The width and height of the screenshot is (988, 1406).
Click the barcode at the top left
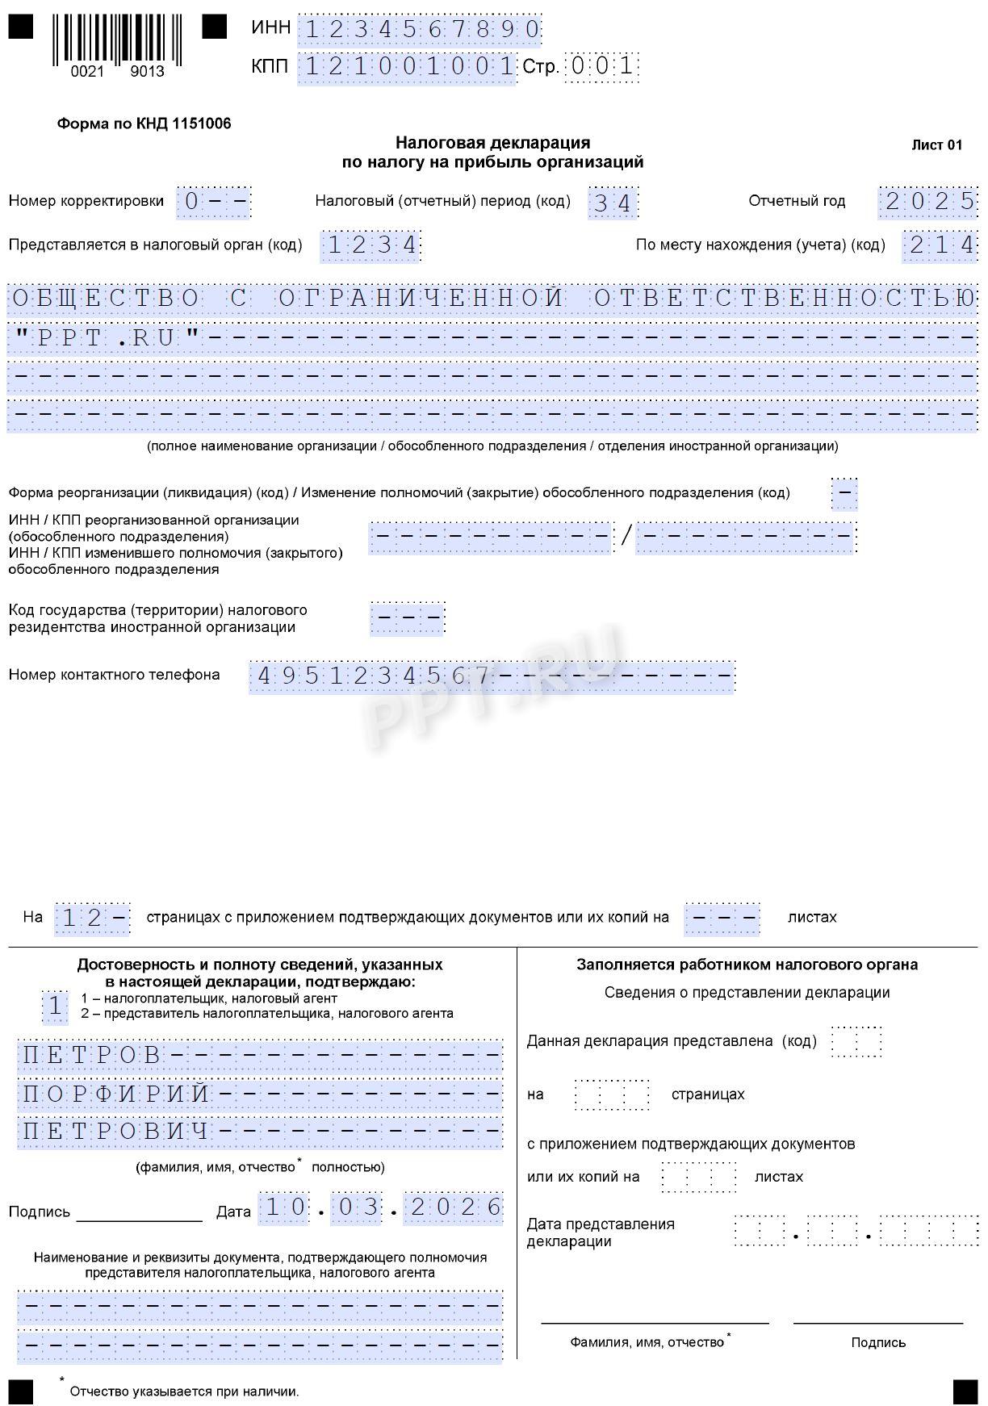click(117, 40)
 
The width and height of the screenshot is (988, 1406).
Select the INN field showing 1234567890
click(420, 30)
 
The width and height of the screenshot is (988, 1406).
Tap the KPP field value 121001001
click(408, 67)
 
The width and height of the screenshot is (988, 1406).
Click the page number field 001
click(601, 66)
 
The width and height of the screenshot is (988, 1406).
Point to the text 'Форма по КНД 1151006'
click(144, 123)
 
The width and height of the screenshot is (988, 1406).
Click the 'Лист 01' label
click(936, 145)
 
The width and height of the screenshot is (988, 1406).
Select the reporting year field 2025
click(928, 201)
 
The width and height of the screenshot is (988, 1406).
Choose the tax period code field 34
click(613, 202)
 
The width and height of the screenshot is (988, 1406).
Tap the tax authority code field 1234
click(371, 245)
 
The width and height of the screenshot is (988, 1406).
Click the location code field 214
click(940, 245)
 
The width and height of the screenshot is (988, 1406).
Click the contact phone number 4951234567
click(373, 676)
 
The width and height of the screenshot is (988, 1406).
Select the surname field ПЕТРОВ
click(93, 1055)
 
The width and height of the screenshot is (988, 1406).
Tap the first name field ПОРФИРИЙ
click(117, 1094)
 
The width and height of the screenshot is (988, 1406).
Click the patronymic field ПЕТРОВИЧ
click(117, 1131)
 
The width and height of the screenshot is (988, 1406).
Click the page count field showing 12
click(92, 919)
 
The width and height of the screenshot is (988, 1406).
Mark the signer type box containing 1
click(55, 1006)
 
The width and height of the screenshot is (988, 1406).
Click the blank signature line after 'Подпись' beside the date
click(139, 1213)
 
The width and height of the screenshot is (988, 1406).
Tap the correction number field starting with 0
click(214, 201)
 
